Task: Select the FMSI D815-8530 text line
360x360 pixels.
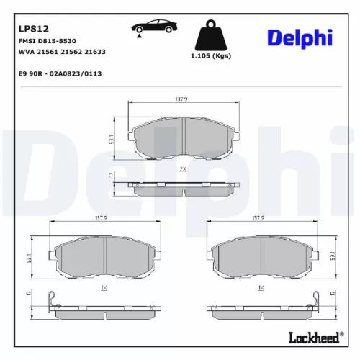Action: [46, 42]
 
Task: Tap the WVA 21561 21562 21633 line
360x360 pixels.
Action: [61, 53]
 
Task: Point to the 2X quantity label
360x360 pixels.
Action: [183, 168]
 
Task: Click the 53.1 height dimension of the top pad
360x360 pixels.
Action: [109, 138]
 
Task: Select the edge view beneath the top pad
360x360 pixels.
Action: [184, 188]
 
